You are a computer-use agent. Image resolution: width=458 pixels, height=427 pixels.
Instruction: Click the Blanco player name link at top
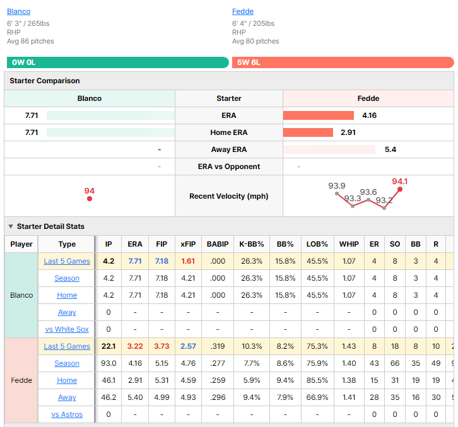coord(19,11)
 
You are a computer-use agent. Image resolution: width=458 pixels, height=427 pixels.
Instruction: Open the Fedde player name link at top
coord(243,11)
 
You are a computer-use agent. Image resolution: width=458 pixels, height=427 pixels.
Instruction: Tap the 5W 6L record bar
coord(343,62)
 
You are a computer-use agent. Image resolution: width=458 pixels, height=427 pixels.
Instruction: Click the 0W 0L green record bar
coord(118,62)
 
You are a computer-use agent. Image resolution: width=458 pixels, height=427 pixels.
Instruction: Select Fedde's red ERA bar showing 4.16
coord(319,115)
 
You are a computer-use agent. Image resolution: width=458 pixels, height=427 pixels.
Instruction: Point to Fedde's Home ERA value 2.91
coord(348,132)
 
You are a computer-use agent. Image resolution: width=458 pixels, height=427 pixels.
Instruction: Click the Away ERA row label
coord(229,149)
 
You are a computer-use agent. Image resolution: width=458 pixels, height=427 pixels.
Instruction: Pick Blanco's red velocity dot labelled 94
coord(90,199)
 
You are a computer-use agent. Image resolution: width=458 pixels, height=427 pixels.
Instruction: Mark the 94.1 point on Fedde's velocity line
coord(400,189)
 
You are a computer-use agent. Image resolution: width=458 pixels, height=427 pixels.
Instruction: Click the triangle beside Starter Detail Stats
coord(11,226)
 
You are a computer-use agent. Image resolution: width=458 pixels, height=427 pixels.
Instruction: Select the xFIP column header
coord(188,244)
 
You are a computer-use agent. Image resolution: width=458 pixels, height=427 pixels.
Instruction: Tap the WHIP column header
coord(349,244)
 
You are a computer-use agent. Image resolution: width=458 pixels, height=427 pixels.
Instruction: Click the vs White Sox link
coord(67,329)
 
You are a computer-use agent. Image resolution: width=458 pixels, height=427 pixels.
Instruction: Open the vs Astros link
coord(67,414)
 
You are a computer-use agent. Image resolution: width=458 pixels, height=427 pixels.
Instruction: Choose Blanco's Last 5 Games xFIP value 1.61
coord(188,261)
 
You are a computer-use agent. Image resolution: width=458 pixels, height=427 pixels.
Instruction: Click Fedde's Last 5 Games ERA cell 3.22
coord(135,346)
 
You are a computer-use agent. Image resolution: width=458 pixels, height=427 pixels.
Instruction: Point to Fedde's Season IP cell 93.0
coord(109,363)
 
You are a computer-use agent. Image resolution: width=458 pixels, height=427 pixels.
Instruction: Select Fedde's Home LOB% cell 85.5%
coord(317,380)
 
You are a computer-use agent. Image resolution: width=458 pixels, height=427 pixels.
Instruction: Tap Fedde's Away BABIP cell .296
coord(218,397)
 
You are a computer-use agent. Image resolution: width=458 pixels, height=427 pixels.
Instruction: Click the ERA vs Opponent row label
coord(229,167)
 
